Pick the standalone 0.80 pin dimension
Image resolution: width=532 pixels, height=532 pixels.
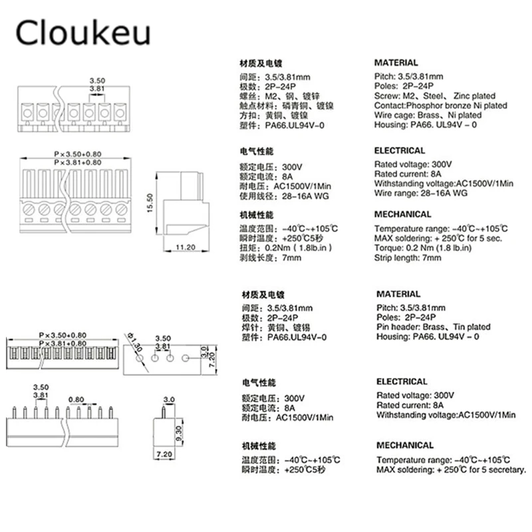click(76, 400)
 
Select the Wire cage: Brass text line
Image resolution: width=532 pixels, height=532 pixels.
click(428, 115)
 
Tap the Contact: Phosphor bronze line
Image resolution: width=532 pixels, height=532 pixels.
click(440, 106)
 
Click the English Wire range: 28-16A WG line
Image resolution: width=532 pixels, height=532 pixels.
click(422, 193)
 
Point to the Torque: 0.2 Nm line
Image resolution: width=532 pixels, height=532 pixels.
click(423, 248)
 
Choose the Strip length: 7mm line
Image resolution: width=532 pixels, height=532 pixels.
click(408, 258)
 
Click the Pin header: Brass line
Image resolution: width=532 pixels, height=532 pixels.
click(433, 327)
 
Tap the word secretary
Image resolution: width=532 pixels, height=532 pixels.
click(507, 469)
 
